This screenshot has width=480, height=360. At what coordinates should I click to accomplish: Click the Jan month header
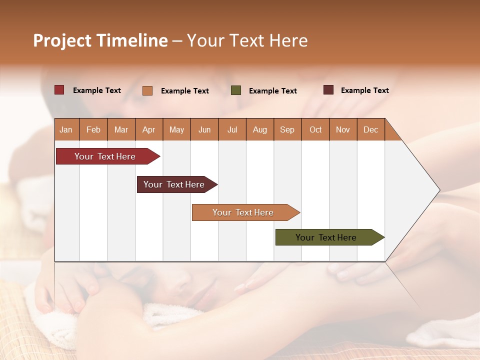click(66, 129)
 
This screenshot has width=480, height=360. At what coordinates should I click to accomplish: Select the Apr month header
click(149, 129)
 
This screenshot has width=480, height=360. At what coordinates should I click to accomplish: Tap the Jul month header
click(232, 129)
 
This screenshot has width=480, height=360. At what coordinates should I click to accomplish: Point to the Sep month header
click(287, 129)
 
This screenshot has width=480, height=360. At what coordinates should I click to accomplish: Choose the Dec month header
click(370, 129)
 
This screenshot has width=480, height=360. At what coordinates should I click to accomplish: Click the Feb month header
click(93, 129)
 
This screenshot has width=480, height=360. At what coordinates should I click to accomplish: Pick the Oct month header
click(315, 129)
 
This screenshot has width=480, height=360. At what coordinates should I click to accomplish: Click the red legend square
click(59, 90)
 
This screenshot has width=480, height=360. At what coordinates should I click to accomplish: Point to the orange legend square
click(147, 90)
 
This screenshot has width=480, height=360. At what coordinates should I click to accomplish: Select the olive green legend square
click(236, 90)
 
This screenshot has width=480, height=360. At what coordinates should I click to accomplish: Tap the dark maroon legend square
click(328, 90)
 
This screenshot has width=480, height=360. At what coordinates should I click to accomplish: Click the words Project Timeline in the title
click(100, 40)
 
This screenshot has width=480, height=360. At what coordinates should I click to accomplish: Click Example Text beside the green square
click(273, 91)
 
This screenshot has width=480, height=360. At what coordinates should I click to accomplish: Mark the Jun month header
click(204, 129)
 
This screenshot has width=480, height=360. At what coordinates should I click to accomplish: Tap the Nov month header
click(343, 129)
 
